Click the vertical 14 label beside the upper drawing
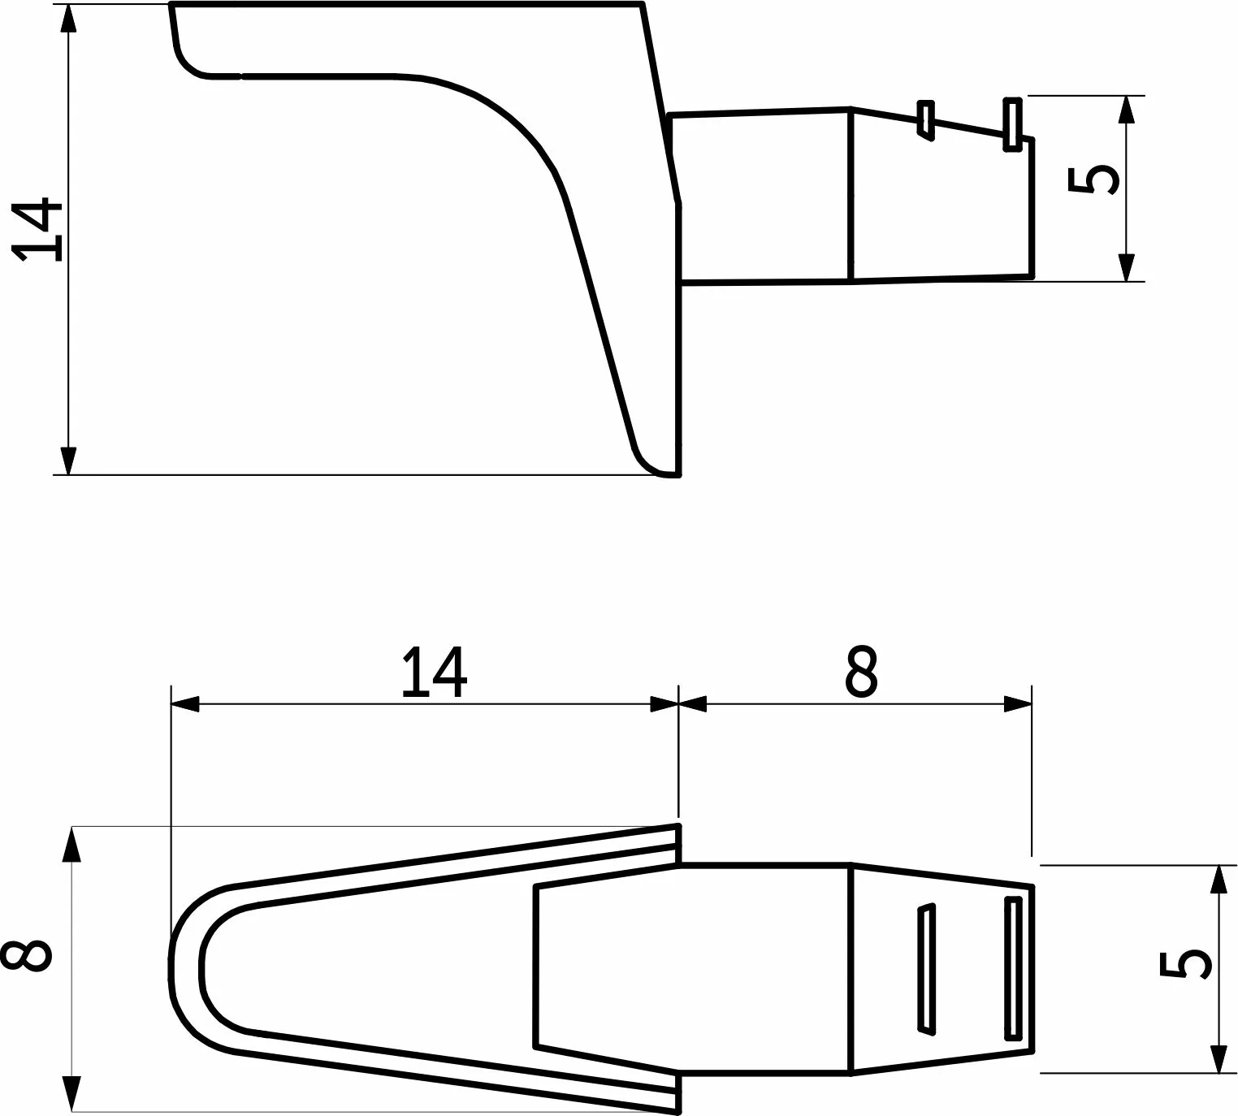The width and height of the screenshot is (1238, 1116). pyautogui.click(x=38, y=230)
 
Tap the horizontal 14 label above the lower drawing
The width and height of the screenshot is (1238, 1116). pyautogui.click(x=435, y=673)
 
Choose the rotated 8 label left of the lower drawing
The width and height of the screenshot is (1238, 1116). pyautogui.click(x=27, y=964)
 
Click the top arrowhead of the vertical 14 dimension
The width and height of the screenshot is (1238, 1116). pyautogui.click(x=69, y=19)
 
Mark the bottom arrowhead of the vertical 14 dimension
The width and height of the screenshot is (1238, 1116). pyautogui.click(x=69, y=461)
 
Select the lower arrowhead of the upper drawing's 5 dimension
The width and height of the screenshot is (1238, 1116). pyautogui.click(x=1127, y=267)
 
